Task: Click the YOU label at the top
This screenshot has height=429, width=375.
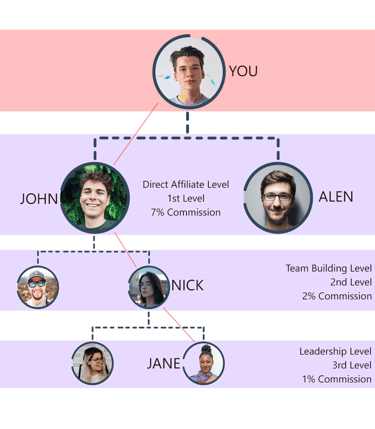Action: coord(243,71)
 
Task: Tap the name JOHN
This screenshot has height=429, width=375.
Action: coord(39,199)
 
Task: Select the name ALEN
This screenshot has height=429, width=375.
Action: coord(336,197)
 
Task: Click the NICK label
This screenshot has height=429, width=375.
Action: coord(187,286)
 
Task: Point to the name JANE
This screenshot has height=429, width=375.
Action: coord(164,363)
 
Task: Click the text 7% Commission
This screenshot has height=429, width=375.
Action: coord(186,212)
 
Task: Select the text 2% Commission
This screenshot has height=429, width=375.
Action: coord(337,296)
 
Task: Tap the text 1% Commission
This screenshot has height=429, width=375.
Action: coord(337,379)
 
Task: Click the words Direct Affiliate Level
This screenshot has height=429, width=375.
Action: coord(186,184)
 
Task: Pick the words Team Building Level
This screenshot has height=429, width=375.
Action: coord(328,268)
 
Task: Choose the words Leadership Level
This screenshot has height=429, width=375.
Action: coord(335,351)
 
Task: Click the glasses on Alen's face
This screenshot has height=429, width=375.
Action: coord(277,197)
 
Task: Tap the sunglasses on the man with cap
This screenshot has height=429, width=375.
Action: coord(36,284)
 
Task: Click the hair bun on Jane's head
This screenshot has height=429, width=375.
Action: coord(206,349)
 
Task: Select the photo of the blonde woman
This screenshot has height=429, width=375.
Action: coord(92,363)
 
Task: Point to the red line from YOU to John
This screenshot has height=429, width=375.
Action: coord(136,134)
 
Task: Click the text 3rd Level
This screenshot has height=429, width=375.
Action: coord(352,365)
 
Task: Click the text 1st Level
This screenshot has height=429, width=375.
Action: coord(186,198)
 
